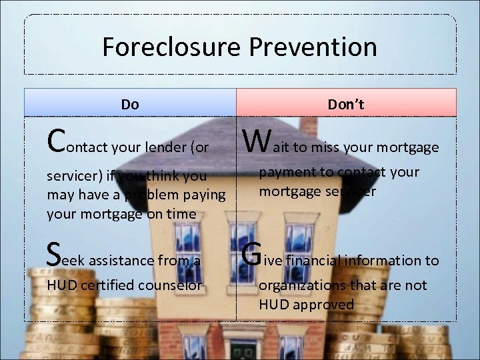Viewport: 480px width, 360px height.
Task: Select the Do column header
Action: [x=130, y=104]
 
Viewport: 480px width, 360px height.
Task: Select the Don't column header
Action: [x=345, y=104]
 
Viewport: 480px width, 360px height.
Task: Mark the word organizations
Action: [x=301, y=285]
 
